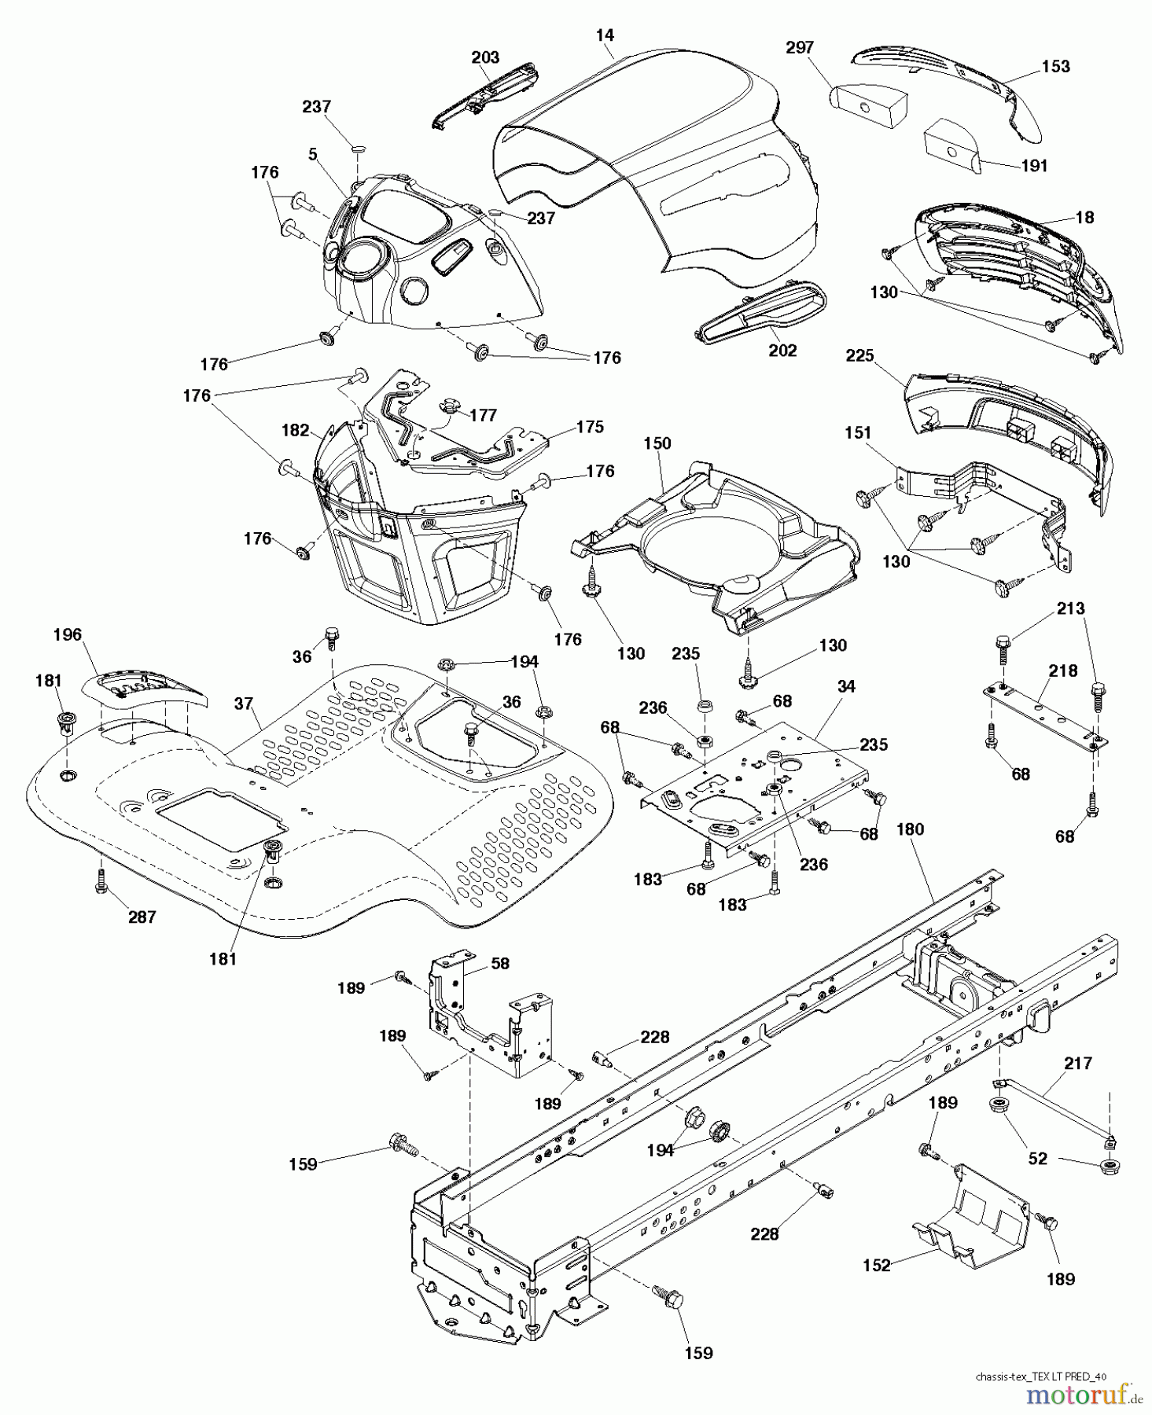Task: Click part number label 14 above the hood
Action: tap(605, 35)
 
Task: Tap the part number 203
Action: tap(485, 57)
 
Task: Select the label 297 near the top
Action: tap(799, 48)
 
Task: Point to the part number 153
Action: tap(1055, 66)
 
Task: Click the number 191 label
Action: tap(1034, 166)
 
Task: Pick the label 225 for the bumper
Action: tap(859, 356)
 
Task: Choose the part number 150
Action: tap(657, 443)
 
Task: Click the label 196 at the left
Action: tap(68, 634)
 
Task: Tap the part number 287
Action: tap(142, 917)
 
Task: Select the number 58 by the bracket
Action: tap(500, 963)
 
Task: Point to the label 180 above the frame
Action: tap(910, 829)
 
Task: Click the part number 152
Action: tap(876, 1265)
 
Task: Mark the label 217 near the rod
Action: tap(1078, 1063)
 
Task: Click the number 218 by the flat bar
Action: tap(1063, 670)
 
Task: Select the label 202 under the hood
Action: tap(782, 351)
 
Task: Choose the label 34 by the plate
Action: tap(845, 686)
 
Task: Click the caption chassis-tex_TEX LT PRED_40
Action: tap(1040, 1376)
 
